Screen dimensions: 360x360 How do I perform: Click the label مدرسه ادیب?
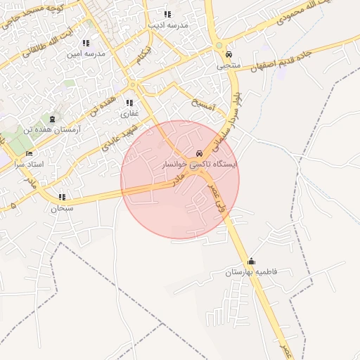click(x=167, y=25)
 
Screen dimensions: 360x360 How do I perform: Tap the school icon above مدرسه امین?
click(x=86, y=43)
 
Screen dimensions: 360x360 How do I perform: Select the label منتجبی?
click(x=228, y=65)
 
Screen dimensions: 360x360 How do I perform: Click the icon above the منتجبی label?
click(x=228, y=54)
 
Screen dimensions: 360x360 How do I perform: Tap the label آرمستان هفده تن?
click(x=50, y=129)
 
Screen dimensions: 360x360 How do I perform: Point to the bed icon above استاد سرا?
click(x=29, y=153)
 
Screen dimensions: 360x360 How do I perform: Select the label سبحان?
click(x=62, y=208)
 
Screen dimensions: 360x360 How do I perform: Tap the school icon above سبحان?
click(x=62, y=198)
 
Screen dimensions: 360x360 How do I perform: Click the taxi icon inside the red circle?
click(x=200, y=153)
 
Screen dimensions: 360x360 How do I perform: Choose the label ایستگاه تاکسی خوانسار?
click(x=200, y=164)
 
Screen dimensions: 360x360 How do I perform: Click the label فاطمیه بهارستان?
click(x=252, y=271)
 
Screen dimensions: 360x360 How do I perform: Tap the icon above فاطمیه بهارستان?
click(x=252, y=261)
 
